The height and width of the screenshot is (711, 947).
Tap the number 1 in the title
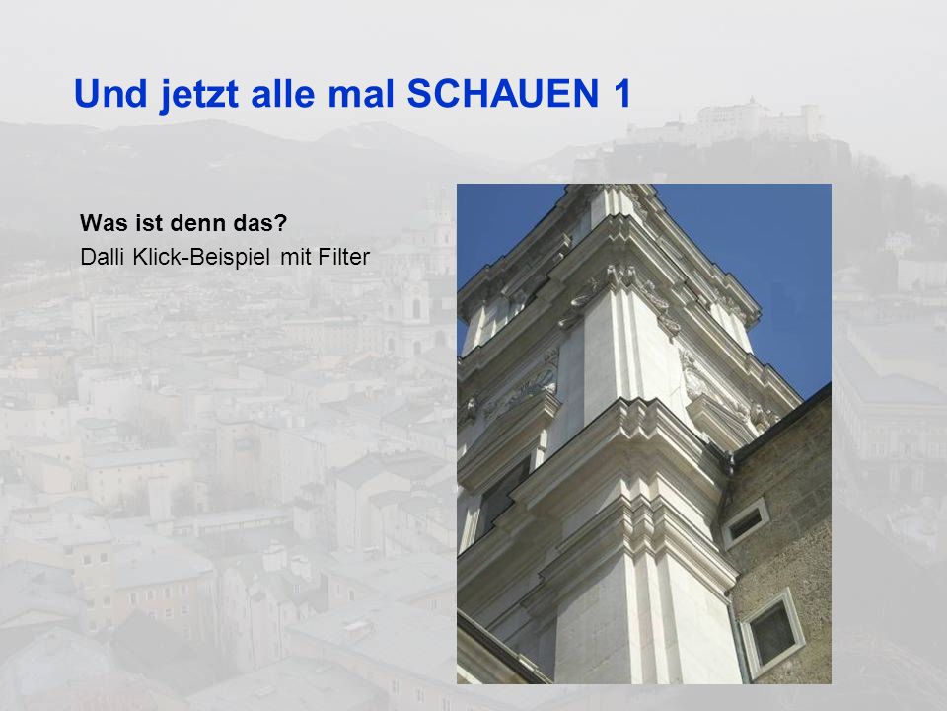[620, 93]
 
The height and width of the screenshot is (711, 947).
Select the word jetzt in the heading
[198, 96]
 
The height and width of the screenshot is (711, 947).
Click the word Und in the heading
[110, 93]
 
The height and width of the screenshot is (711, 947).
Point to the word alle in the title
[283, 93]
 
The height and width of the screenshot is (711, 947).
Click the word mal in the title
[361, 93]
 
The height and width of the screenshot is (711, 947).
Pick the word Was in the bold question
[101, 223]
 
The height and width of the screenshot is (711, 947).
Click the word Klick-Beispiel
[201, 258]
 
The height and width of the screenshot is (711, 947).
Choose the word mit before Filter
[295, 257]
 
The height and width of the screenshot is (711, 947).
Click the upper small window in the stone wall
[746, 522]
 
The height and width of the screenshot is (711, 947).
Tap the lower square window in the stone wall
[773, 632]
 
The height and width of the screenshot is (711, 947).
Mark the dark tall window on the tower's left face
[500, 497]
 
